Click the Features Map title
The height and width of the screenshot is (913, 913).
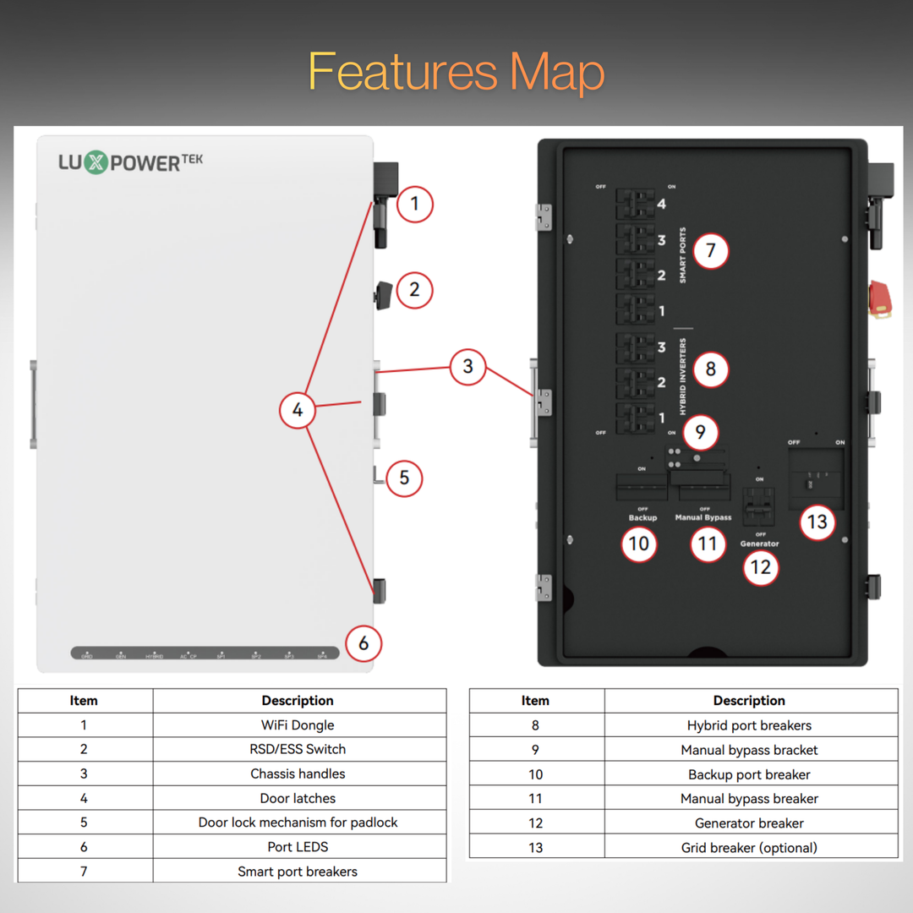(x=456, y=72)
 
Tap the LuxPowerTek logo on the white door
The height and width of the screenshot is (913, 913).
(x=130, y=161)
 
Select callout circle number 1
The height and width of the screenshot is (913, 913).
(x=414, y=205)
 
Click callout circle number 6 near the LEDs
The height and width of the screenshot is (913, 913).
(x=364, y=643)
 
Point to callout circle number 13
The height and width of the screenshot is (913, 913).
(x=817, y=522)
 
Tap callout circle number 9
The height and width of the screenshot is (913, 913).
(x=700, y=433)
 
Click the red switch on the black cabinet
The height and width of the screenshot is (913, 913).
(x=880, y=301)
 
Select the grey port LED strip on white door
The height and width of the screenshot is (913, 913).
(x=205, y=653)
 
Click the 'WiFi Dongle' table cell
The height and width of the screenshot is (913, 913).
(x=298, y=725)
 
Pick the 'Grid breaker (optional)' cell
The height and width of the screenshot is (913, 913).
(x=749, y=847)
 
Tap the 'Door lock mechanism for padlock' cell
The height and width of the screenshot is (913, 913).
(x=298, y=823)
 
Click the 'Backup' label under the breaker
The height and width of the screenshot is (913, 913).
(x=642, y=517)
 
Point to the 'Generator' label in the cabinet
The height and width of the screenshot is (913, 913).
(x=759, y=544)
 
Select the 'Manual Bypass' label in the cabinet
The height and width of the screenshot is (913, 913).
(x=703, y=517)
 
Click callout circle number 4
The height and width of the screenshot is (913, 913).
(x=298, y=410)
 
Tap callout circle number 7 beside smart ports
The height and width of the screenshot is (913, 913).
(x=710, y=251)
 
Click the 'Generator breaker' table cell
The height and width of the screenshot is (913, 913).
(x=749, y=823)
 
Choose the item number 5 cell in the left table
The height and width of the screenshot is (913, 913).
(x=84, y=823)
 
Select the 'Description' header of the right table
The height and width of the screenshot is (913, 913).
(x=749, y=701)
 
